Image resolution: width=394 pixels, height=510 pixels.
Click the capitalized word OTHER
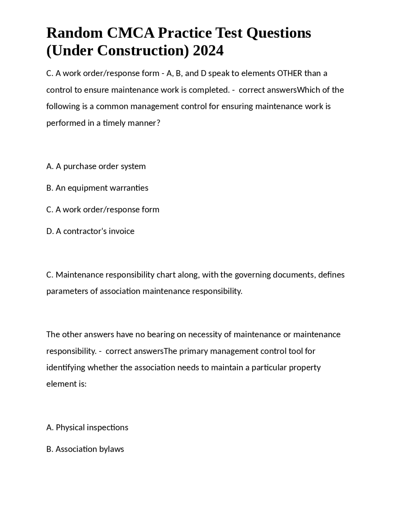(290, 73)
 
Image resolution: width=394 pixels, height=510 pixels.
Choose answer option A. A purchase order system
(96, 166)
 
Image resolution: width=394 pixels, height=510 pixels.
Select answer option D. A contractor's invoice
(90, 231)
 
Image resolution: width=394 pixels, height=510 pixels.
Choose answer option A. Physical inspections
(87, 427)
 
